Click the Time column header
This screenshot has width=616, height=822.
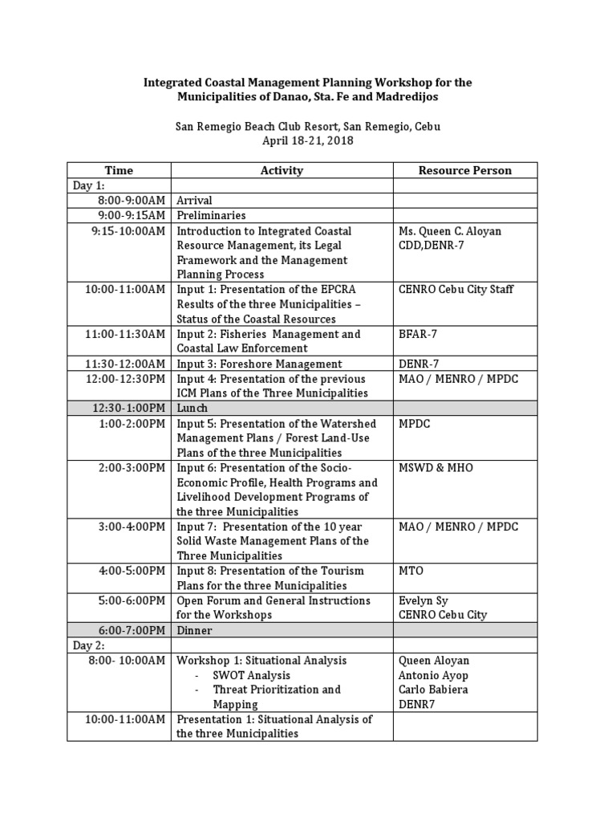point(119,170)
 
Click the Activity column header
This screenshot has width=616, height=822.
point(282,170)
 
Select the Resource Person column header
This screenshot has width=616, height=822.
point(464,170)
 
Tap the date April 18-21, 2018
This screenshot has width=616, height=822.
point(308,141)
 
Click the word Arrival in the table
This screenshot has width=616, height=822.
point(194,201)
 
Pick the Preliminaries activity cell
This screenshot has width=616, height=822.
point(211,215)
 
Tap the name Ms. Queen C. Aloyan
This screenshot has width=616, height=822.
point(450,230)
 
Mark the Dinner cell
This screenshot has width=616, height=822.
point(194,631)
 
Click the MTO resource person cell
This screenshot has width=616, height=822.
point(410,571)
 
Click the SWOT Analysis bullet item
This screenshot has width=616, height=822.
point(252,675)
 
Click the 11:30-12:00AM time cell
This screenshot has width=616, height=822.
point(126,364)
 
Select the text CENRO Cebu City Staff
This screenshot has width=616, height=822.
point(456,290)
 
